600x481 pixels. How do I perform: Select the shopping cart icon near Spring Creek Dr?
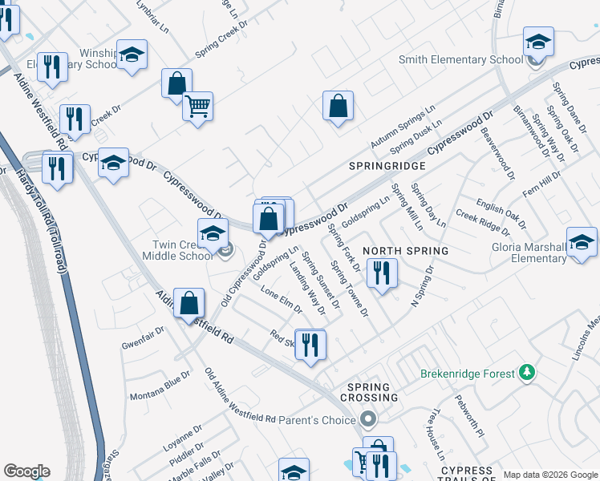pos(197,106)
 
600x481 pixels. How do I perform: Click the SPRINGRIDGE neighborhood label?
pos(387,165)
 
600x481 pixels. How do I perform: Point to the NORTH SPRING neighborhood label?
pos(405,251)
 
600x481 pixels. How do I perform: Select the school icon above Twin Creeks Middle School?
pos(213,233)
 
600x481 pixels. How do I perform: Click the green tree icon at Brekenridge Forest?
pos(527,373)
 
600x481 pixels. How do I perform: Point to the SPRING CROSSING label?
pos(369,392)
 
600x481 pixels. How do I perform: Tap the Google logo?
pos(26,471)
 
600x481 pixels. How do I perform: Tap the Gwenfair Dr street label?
pos(143,338)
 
